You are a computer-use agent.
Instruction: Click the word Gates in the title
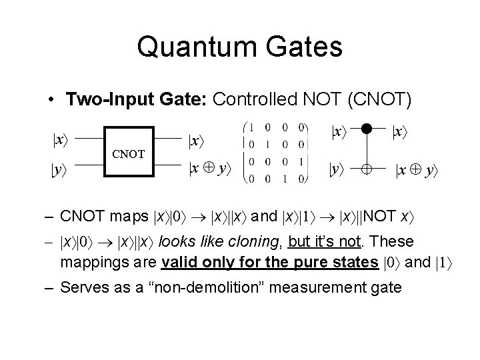pyautogui.click(x=304, y=47)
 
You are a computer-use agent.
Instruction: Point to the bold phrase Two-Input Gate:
pyautogui.click(x=137, y=99)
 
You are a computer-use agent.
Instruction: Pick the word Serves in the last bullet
pyautogui.click(x=81, y=287)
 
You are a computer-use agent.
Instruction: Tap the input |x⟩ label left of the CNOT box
pyautogui.click(x=60, y=140)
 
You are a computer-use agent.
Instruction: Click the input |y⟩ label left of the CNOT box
pyautogui.click(x=59, y=169)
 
